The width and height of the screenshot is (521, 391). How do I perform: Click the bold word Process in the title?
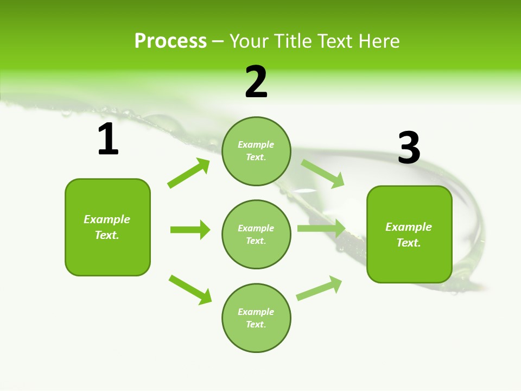click(170, 41)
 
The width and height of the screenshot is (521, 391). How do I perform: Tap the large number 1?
click(108, 140)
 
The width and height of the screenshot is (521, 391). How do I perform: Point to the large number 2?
click(256, 82)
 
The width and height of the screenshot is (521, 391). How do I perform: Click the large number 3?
click(409, 148)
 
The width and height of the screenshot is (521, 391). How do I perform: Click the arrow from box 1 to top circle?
click(189, 173)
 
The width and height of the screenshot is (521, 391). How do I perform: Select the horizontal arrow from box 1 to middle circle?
click(190, 230)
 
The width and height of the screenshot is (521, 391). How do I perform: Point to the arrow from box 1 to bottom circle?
click(190, 289)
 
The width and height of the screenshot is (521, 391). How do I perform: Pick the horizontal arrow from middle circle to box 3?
click(321, 228)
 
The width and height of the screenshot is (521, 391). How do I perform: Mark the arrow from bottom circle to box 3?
click(319, 288)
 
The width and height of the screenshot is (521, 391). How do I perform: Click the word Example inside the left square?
click(107, 219)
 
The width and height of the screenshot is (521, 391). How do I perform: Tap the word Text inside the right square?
click(408, 243)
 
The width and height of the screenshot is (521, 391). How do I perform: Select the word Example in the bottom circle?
click(256, 312)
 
